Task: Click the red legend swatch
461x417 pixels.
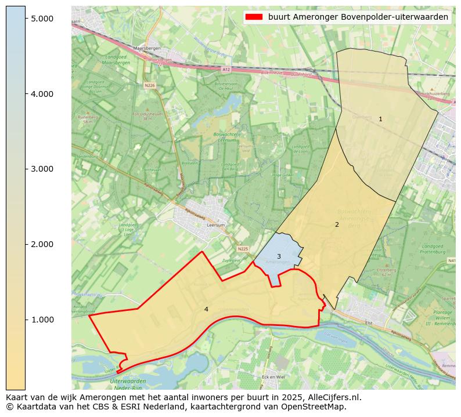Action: [254, 17]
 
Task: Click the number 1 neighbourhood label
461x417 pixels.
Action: [380, 119]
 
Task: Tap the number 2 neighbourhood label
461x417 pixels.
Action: [337, 224]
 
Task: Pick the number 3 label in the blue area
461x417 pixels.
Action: [279, 256]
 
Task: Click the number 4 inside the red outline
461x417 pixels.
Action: [206, 309]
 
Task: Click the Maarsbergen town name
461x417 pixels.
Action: [146, 48]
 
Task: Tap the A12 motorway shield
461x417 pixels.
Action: [226, 69]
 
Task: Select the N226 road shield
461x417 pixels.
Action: [150, 85]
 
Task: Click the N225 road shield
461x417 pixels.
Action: [243, 249]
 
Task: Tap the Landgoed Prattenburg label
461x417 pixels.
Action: [434, 249]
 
